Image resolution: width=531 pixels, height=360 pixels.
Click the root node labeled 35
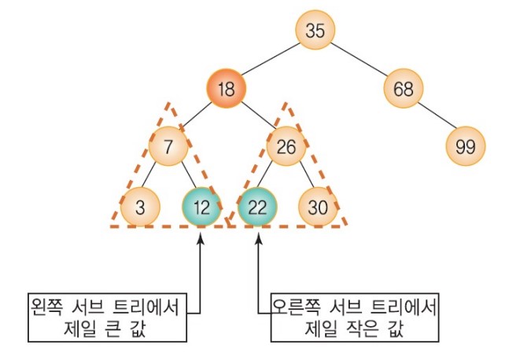tap(315, 31)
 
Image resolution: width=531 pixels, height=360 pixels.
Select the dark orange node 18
tap(227, 89)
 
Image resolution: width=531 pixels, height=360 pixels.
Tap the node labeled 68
tap(404, 89)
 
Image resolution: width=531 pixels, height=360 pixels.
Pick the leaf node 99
tap(465, 146)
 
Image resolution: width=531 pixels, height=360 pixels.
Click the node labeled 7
tap(167, 146)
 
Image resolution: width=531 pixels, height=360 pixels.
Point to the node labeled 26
tap(286, 146)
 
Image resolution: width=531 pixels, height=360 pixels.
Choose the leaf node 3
tap(140, 208)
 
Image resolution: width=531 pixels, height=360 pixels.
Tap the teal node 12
tap(201, 208)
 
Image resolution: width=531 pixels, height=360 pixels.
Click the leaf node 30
tap(318, 208)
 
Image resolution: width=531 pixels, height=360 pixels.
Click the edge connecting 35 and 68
tap(360, 60)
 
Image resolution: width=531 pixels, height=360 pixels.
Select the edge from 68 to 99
tap(434, 118)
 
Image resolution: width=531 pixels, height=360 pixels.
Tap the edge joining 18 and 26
tap(256, 118)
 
